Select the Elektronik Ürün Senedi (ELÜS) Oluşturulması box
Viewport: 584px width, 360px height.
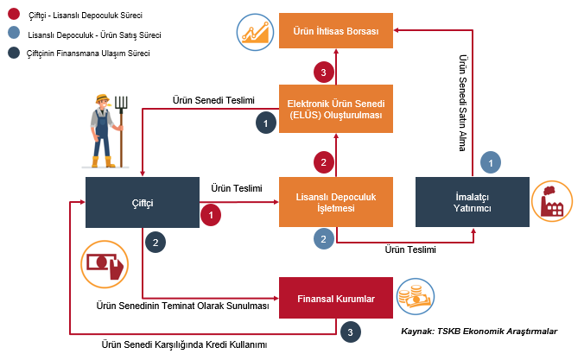click(x=336, y=109)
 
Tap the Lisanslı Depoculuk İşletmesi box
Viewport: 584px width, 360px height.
click(x=336, y=203)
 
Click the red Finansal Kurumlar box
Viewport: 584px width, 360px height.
click(x=336, y=299)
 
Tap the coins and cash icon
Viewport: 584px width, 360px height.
click(x=415, y=299)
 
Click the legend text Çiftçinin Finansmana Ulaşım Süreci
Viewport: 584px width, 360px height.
click(x=89, y=54)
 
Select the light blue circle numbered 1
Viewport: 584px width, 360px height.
click(x=490, y=161)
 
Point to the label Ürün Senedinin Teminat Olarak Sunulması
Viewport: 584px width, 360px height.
click(x=182, y=306)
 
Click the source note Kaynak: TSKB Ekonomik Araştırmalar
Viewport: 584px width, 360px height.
click(x=479, y=331)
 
